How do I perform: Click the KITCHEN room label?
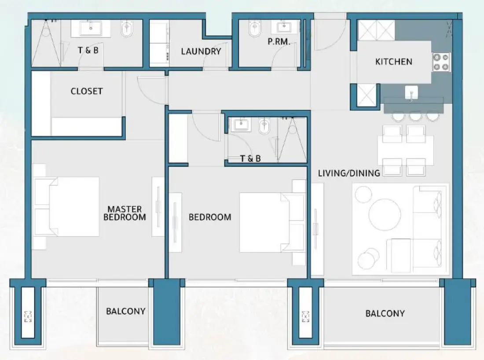point(393,62)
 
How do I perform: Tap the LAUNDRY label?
point(201,51)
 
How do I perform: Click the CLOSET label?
point(87,91)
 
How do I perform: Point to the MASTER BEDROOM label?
point(124,213)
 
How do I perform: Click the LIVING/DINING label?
point(349,173)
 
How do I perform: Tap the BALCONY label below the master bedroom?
point(125,311)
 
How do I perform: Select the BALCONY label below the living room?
point(385,313)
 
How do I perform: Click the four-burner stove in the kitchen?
point(441,62)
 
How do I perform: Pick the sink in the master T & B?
point(91,28)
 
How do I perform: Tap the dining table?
point(405,150)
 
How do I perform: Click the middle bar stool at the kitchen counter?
point(415,115)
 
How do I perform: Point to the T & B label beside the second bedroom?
point(250,158)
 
